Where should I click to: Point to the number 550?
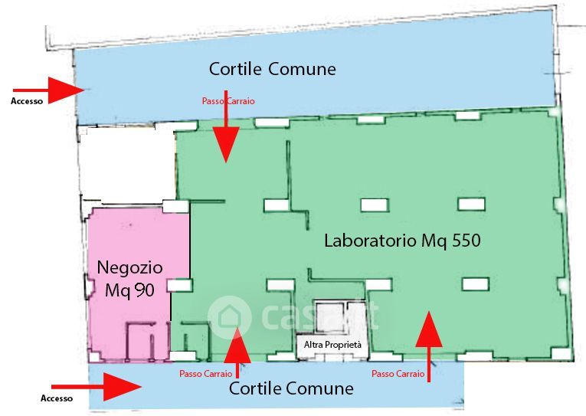tap(460, 241)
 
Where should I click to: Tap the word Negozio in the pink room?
tap(129, 268)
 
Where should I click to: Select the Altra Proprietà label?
tap(332, 346)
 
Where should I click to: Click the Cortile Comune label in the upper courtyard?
tap(272, 69)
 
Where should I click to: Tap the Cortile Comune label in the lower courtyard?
tap(291, 388)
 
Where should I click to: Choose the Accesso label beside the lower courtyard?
tap(57, 398)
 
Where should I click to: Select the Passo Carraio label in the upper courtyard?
tap(228, 101)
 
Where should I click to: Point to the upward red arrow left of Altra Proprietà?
tap(237, 351)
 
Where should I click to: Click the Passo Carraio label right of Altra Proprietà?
tap(398, 374)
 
